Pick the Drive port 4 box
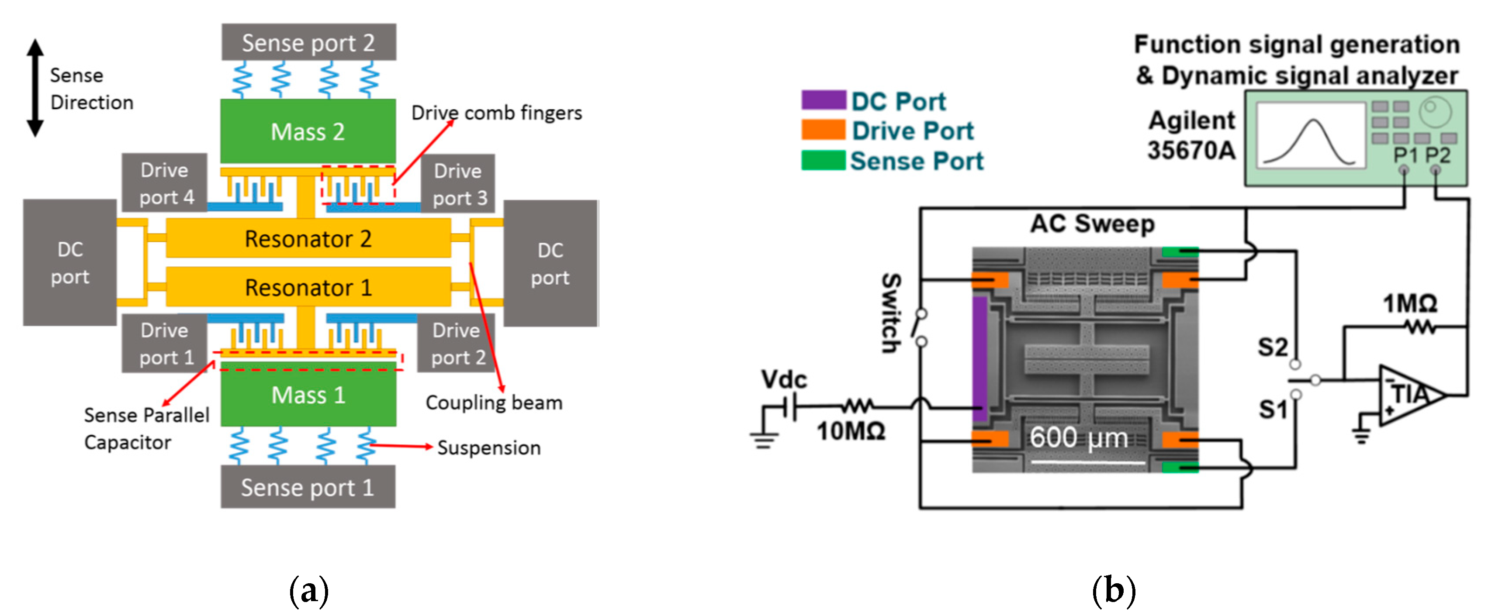[x=165, y=183]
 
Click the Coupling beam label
[x=494, y=403]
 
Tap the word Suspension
[x=489, y=448]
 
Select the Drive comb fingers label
[x=496, y=113]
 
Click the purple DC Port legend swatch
[x=823, y=100]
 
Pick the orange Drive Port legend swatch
[x=823, y=130]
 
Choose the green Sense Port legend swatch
[x=823, y=160]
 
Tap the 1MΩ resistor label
[x=1410, y=303]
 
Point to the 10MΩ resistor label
[x=851, y=431]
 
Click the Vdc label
[x=783, y=380]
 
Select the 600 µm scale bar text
[x=1078, y=437]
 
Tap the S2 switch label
[x=1272, y=348]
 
